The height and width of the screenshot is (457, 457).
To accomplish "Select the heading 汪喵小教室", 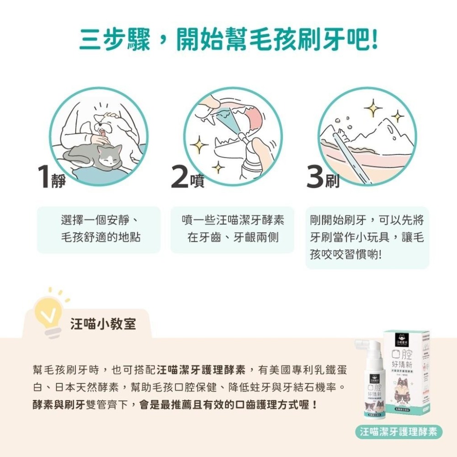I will coord(103,324).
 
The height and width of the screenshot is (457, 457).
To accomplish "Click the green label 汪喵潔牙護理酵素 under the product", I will coord(399,431).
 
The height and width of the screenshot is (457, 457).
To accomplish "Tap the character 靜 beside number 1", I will coord(59,182).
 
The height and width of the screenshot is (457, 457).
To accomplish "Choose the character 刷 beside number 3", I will coord(332,182).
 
